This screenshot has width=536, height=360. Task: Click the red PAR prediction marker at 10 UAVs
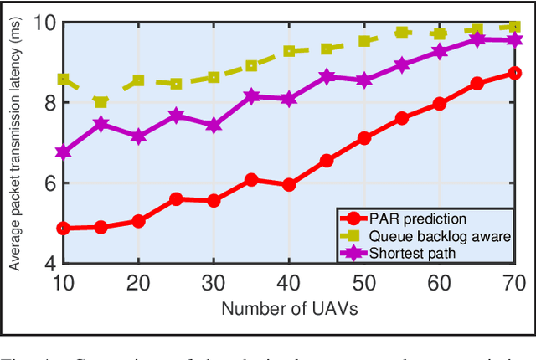[63, 228]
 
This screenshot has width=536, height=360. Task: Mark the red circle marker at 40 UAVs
[289, 185]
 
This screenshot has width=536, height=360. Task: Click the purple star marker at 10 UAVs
[63, 152]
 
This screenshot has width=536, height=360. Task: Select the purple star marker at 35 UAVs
[251, 96]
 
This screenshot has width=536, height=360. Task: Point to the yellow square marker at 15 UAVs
[100, 102]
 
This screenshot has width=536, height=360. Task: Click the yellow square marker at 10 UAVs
[63, 79]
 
